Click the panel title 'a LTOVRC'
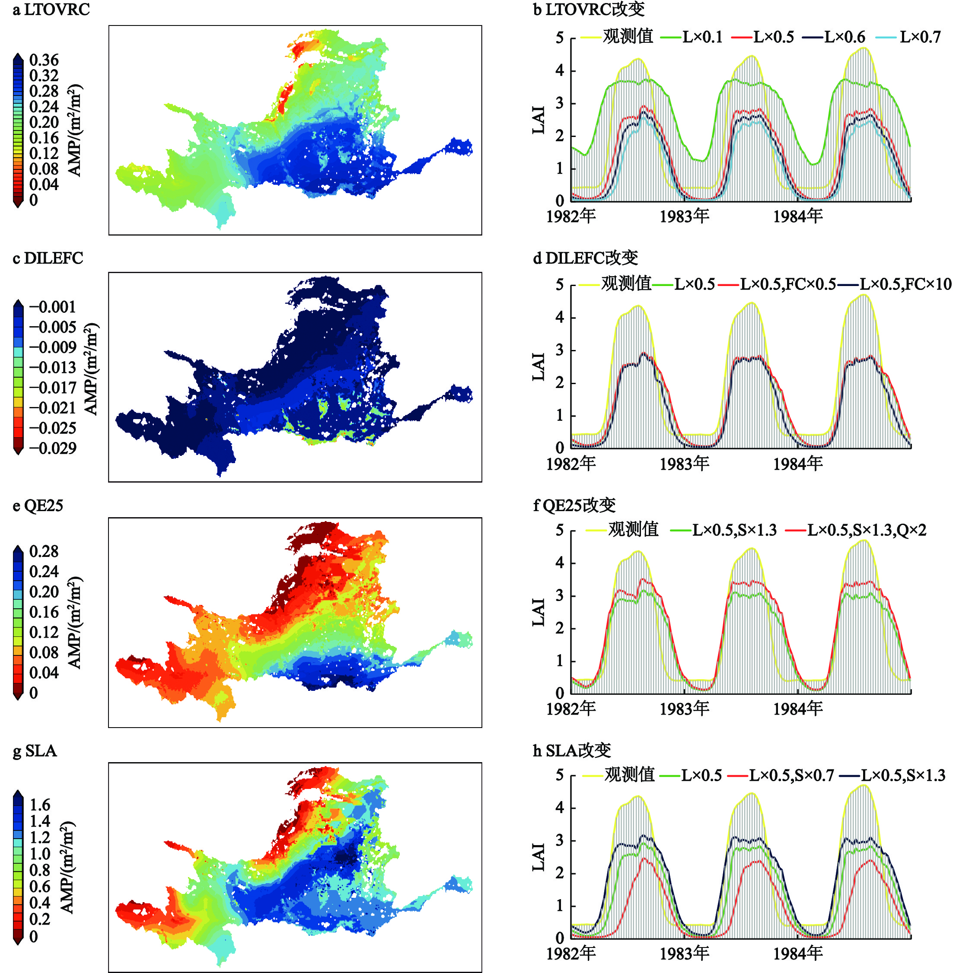(51, 10)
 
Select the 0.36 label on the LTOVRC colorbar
(44, 60)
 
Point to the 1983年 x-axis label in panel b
(684, 216)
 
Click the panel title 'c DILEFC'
(48, 258)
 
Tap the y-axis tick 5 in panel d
(560, 285)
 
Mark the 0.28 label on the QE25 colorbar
(44, 551)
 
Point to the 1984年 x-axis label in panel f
(798, 709)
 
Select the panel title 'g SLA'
(35, 751)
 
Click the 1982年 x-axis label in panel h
(571, 954)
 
